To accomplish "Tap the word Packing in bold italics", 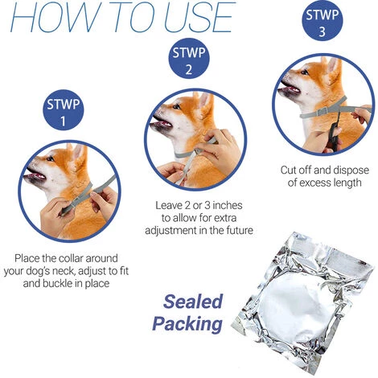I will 188,324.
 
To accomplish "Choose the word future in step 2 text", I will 233,230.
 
